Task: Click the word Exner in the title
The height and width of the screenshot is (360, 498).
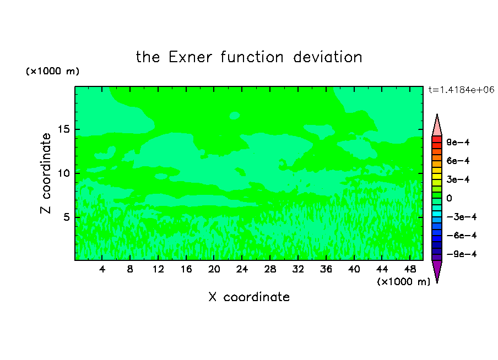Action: coord(190,57)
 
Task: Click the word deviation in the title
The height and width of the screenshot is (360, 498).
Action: coord(327,57)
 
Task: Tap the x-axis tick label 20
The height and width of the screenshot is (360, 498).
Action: coord(214,269)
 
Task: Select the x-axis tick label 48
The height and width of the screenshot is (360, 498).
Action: coord(410,269)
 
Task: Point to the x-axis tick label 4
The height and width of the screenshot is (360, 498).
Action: coord(102,269)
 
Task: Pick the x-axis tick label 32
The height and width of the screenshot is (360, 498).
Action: coord(298,269)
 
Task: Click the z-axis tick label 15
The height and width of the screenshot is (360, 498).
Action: coord(63,129)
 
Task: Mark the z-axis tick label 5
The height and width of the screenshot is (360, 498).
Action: coord(66,217)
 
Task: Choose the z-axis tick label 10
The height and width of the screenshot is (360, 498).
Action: coord(63,173)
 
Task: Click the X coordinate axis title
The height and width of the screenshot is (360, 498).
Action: coord(249,297)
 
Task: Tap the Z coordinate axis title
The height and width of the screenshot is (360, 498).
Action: coord(45,173)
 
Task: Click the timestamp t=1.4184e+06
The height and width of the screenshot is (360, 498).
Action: coord(461,90)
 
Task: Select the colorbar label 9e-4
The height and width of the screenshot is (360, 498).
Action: coord(458,142)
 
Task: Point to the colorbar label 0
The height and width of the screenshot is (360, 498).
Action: coord(449,198)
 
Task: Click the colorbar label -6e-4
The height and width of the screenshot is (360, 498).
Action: coord(462,236)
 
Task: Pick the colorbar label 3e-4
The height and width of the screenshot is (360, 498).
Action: coord(458,179)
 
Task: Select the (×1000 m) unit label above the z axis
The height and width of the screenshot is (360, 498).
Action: coord(52,71)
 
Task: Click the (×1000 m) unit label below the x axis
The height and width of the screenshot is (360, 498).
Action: coord(403,282)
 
